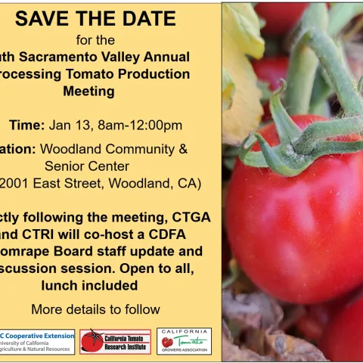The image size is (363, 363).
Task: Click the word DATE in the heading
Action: (x=150, y=18)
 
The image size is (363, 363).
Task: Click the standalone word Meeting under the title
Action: (x=95, y=91)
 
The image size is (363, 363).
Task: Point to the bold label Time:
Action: (x=27, y=125)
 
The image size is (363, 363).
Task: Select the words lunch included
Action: (x=95, y=285)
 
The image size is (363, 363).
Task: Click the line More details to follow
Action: (x=95, y=309)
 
